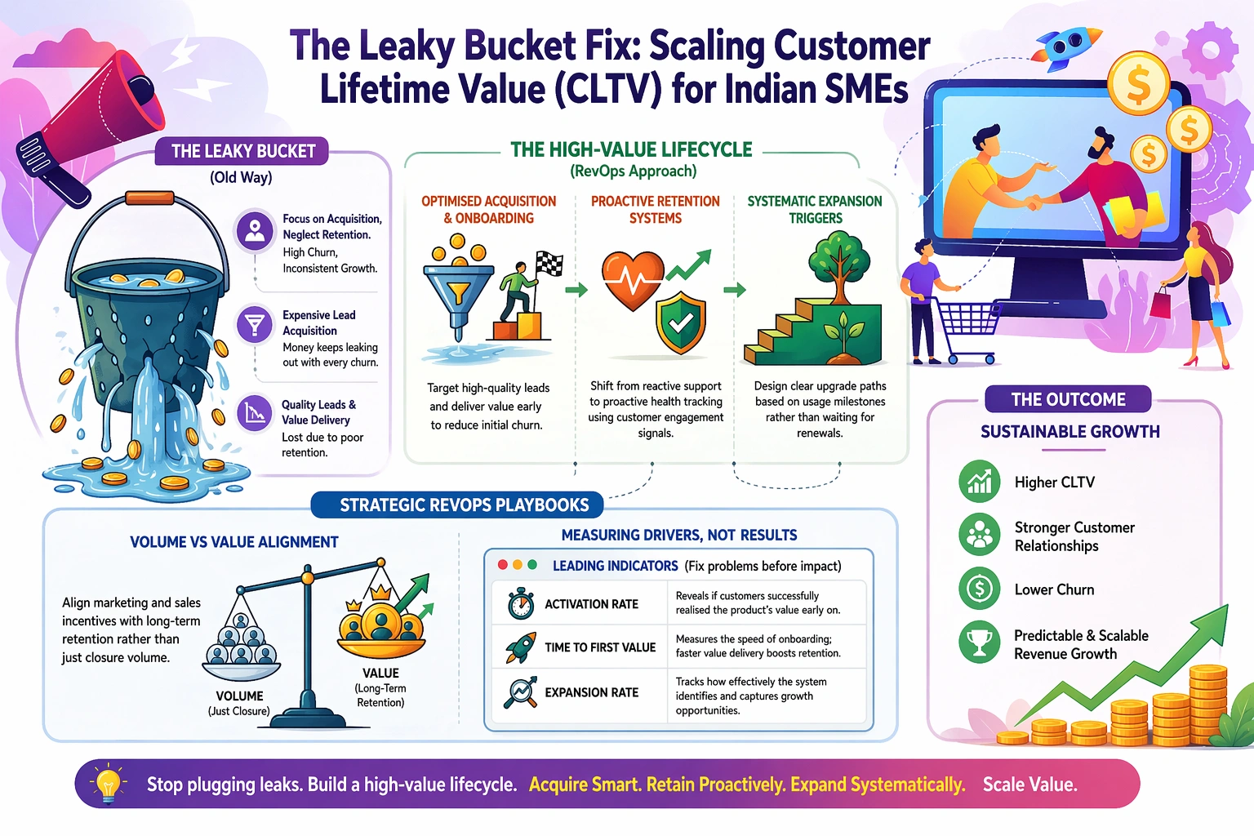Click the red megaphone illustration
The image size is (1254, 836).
(x=90, y=123)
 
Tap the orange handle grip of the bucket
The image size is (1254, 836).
(x=149, y=198)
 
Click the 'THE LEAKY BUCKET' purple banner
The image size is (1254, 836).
(x=242, y=151)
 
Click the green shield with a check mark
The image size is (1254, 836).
(x=681, y=322)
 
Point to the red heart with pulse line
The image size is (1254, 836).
(x=633, y=281)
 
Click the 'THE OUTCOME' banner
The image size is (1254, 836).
(x=1068, y=399)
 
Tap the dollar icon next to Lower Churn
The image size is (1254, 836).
(x=979, y=589)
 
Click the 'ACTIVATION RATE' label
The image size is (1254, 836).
(x=591, y=604)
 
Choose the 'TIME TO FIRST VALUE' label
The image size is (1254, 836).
(x=600, y=647)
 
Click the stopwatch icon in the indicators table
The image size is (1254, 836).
(x=521, y=603)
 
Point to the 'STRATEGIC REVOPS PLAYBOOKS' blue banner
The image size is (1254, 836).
(x=457, y=505)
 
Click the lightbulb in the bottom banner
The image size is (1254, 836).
(x=108, y=781)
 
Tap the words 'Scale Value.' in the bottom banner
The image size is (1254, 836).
(x=1030, y=785)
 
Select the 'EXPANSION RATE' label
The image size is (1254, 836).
(x=591, y=692)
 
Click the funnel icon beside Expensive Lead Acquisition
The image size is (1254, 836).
(x=255, y=324)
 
